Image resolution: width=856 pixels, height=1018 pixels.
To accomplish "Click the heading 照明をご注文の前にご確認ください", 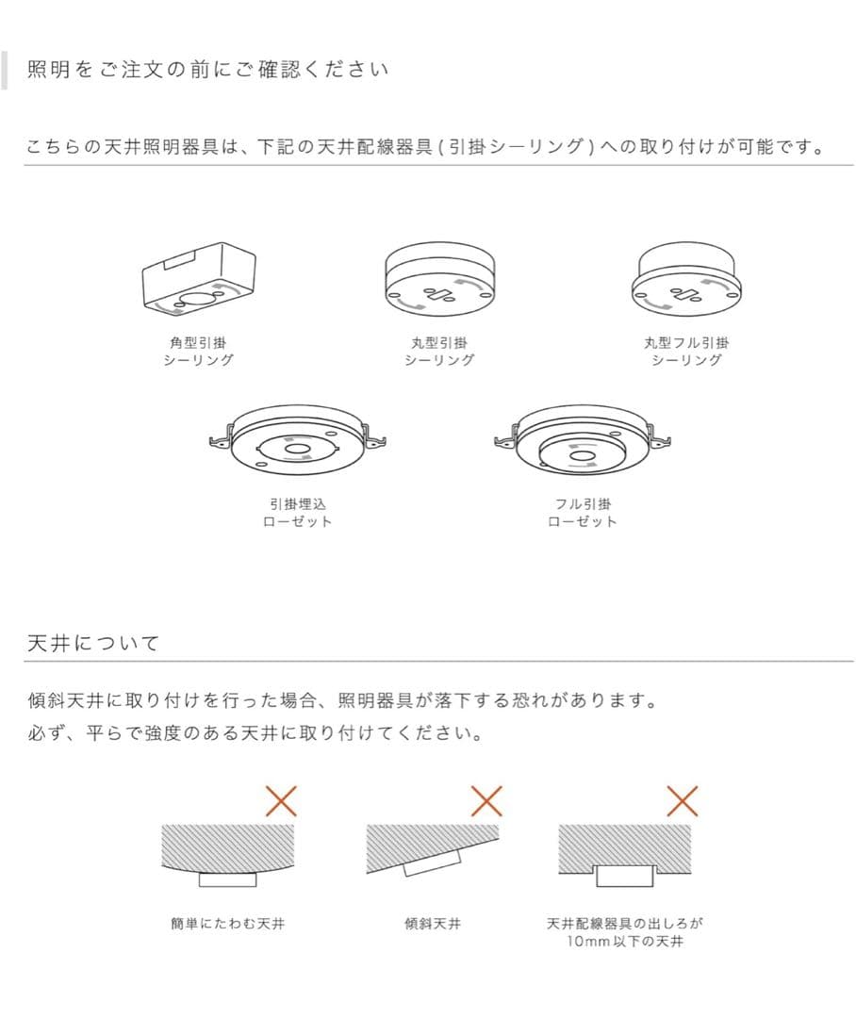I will pos(207,71).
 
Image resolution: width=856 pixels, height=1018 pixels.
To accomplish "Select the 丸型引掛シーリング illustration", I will pos(438,280).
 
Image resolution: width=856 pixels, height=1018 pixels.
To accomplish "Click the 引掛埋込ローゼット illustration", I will pos(297,441).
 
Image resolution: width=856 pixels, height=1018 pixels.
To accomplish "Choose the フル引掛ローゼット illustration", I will pos(582,439).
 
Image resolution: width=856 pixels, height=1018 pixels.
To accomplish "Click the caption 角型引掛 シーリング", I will pos(199,352).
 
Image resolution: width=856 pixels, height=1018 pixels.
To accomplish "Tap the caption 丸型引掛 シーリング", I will pos(438,352).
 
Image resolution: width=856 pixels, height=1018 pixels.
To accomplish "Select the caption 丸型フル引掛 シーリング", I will pos(686,352).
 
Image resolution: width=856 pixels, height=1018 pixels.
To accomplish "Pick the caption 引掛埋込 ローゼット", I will pos(297,513).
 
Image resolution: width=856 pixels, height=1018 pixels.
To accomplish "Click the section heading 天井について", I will pos(94,643).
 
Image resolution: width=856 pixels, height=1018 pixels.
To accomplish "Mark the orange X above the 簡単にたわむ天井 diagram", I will pos(281,800).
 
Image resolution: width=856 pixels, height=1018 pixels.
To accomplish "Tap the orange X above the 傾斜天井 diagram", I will pos(486,800).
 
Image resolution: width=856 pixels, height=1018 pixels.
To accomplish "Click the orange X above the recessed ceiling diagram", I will pos(682,800).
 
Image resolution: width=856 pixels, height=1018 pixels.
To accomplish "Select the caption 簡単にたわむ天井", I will pos(227,924).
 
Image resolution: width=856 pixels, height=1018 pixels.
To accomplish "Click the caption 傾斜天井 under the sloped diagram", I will pos(433,924).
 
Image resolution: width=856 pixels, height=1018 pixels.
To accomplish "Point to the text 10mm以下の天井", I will pos(624,942).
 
